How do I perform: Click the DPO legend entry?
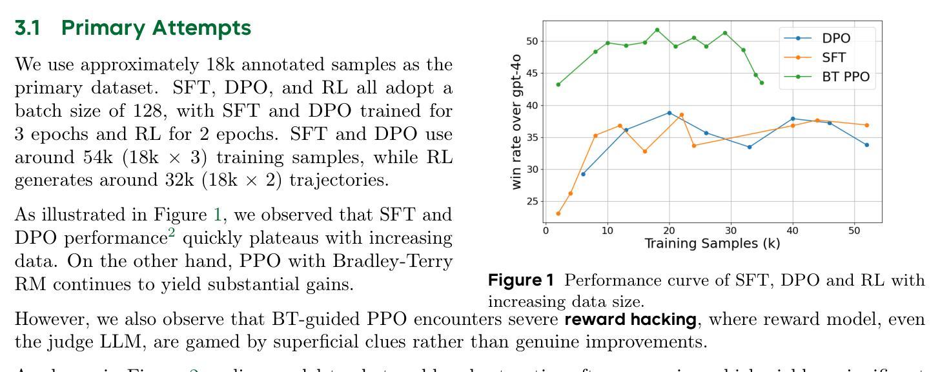pyautogui.click(x=836, y=38)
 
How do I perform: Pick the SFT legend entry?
pyautogui.click(x=833, y=57)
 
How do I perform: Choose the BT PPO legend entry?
pyautogui.click(x=846, y=77)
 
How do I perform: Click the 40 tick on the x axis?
pyautogui.click(x=793, y=231)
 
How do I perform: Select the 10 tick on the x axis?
pyautogui.click(x=608, y=231)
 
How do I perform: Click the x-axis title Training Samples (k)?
pyautogui.click(x=712, y=244)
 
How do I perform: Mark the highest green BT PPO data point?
pyautogui.click(x=657, y=30)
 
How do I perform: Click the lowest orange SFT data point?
pyautogui.click(x=558, y=213)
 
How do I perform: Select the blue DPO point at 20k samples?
pyautogui.click(x=669, y=113)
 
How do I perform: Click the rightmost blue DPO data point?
pyautogui.click(x=867, y=145)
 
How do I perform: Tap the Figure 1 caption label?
pyautogui.click(x=521, y=280)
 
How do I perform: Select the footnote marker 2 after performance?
pyautogui.click(x=172, y=234)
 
